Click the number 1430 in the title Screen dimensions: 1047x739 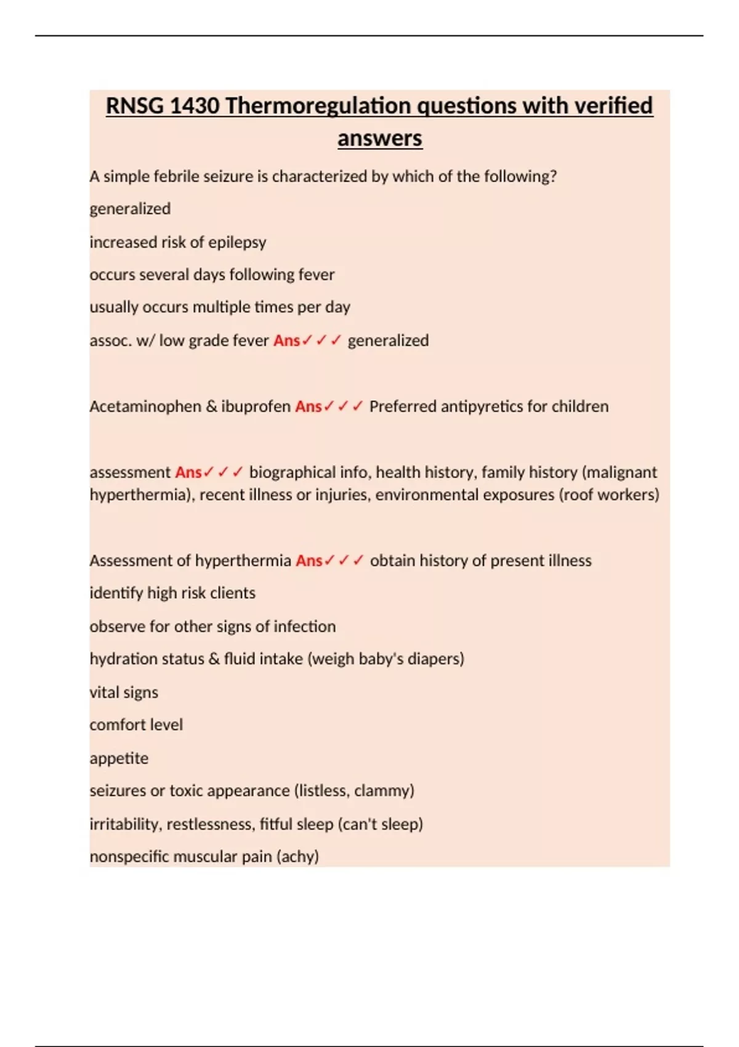(x=194, y=106)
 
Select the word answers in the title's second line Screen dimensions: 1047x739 (x=379, y=138)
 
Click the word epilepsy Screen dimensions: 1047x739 (x=237, y=242)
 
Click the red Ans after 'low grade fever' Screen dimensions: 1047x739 (x=286, y=341)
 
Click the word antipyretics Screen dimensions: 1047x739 (x=474, y=406)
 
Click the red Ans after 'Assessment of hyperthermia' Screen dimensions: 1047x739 (x=309, y=560)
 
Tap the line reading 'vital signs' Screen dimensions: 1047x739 (x=124, y=692)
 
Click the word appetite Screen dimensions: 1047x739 (x=119, y=758)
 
